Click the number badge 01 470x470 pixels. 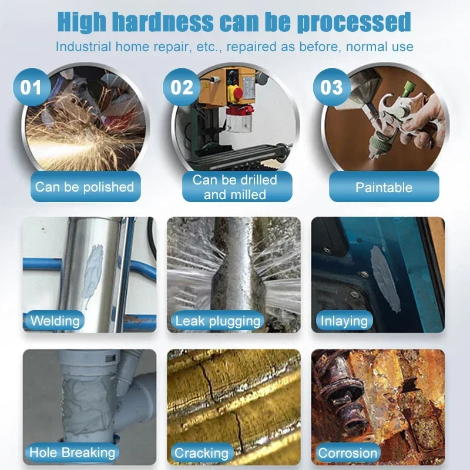click(x=31, y=88)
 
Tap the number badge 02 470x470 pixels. click(x=182, y=88)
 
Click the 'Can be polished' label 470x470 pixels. click(x=85, y=187)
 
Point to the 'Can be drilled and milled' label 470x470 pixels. click(x=235, y=187)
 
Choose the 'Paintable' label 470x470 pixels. click(x=384, y=187)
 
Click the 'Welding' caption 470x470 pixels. click(x=55, y=321)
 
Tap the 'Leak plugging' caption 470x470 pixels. click(x=217, y=321)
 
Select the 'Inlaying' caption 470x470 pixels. click(x=344, y=321)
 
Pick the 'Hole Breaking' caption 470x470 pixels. click(x=72, y=452)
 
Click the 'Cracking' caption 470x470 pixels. click(x=202, y=453)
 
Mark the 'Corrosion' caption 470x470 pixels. click(x=348, y=453)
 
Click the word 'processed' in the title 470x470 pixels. click(x=352, y=22)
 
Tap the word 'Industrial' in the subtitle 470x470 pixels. click(x=83, y=46)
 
